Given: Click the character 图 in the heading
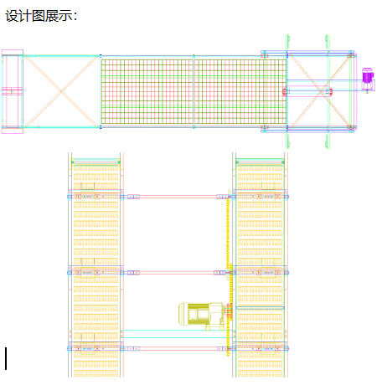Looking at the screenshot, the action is coord(39,16).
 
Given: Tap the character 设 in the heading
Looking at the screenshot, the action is coord(12,16).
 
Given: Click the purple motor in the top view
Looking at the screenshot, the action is coord(368,75).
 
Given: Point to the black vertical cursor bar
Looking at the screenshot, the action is coord(6,358).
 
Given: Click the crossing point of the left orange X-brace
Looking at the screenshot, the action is coord(61,91).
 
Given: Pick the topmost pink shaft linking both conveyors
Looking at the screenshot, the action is coord(178,197).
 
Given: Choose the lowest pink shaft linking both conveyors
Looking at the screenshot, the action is coord(178,349).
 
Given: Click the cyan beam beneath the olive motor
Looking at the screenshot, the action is coord(175,334).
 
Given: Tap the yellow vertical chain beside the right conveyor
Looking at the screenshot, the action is coord(228,274).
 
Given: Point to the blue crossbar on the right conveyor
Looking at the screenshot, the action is coord(260,308).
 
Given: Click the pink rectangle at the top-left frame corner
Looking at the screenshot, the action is coord(13,53).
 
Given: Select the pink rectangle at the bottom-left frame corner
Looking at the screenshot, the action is coord(13,131).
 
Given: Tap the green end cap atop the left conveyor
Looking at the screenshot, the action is coord(95,162).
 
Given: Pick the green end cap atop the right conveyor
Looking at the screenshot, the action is coord(260,162).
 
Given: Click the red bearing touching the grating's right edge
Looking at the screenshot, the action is coord(285,91).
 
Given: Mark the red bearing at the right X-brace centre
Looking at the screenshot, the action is coord(331,92).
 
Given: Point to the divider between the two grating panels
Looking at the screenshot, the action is coord(194,91).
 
